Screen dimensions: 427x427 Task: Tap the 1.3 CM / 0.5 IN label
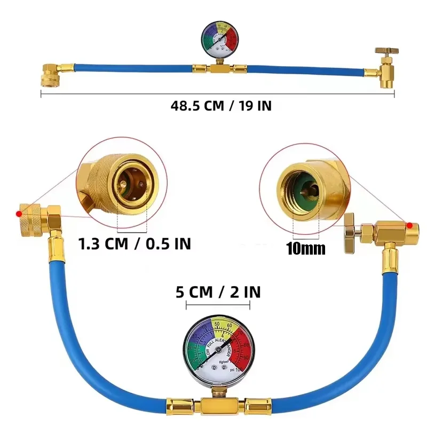[x=135, y=244]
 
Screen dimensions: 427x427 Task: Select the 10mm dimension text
[x=306, y=248]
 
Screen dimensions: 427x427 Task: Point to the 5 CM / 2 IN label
[x=218, y=292]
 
